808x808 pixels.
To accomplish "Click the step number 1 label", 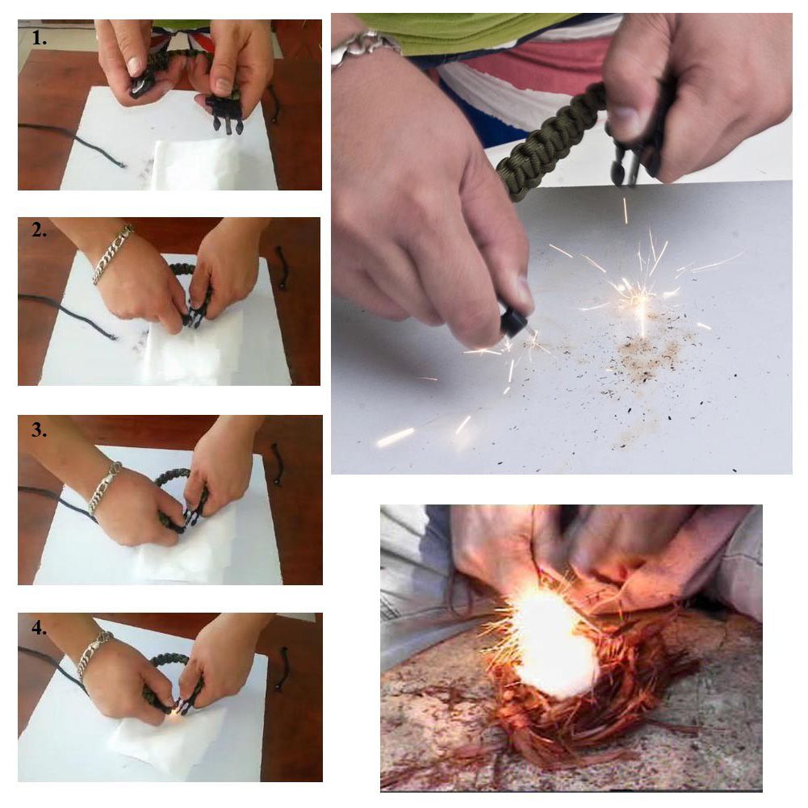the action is (x=39, y=37).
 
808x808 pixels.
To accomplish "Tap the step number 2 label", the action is (x=39, y=230).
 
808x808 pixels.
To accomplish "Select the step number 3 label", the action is (x=39, y=429).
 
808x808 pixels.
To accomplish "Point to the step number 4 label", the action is (x=39, y=627).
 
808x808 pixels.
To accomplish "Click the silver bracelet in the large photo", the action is (x=363, y=48).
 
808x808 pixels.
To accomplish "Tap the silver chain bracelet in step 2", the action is (x=112, y=253).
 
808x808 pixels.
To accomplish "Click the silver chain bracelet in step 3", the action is (x=105, y=487).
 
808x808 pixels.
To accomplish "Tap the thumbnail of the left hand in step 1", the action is (x=135, y=66).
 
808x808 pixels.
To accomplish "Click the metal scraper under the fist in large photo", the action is (x=626, y=165).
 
